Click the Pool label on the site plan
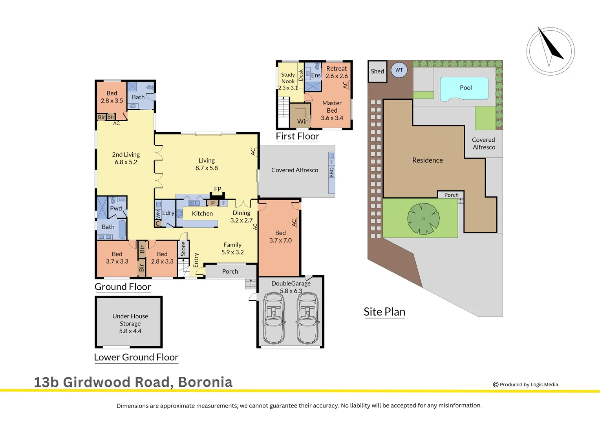466,88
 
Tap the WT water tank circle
399,70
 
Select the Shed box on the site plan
377,71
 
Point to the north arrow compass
550,51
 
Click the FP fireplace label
218,189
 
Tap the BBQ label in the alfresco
332,172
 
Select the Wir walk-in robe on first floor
302,122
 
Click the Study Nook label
288,78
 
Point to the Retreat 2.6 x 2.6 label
337,72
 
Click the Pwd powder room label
116,208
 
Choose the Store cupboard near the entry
183,249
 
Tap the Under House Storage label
130,323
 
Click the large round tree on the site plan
423,219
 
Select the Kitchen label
202,214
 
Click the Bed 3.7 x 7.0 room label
280,237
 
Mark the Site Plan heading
384,312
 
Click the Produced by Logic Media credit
525,385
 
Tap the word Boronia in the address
205,382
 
